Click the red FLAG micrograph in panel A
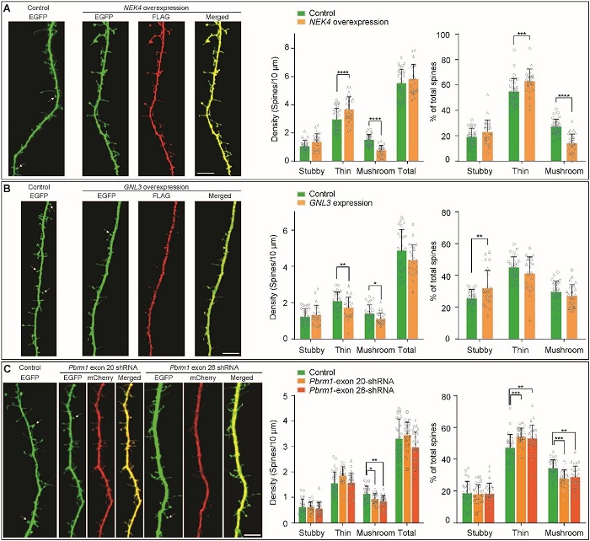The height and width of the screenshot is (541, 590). (160, 97)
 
